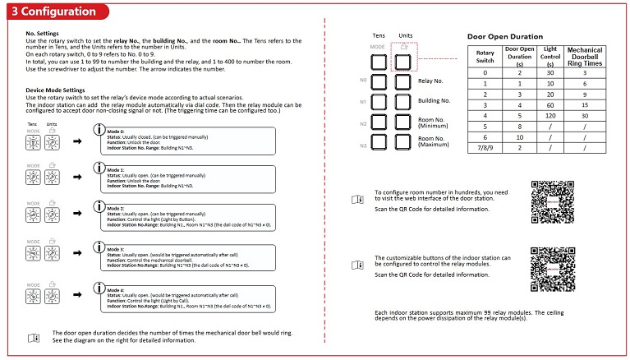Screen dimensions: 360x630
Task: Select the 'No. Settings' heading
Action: coord(40,33)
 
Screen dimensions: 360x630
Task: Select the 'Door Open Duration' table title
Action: coord(505,37)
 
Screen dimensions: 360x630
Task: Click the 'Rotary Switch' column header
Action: coord(485,57)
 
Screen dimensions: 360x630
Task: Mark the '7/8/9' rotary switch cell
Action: coord(485,147)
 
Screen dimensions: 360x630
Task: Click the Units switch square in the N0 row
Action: coord(404,81)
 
